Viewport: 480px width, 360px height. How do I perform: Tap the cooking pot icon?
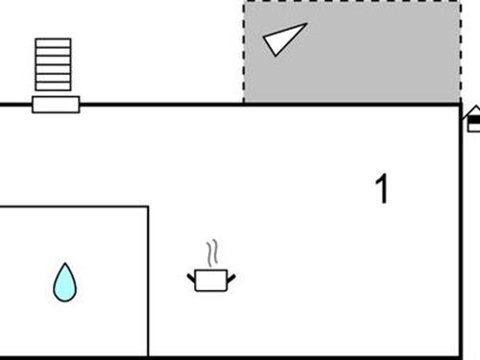click(210, 279)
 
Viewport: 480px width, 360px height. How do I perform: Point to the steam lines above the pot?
click(214, 252)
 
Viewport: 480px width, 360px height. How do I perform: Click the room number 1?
click(382, 189)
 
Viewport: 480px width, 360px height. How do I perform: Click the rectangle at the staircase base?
click(56, 105)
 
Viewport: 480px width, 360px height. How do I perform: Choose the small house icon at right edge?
click(473, 120)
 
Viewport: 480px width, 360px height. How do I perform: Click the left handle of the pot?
click(192, 277)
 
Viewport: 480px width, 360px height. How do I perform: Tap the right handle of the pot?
click(230, 277)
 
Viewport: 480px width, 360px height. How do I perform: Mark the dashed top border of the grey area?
click(350, 3)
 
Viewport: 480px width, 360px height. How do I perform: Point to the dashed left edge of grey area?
click(244, 53)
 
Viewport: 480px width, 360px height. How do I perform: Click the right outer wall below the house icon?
click(461, 240)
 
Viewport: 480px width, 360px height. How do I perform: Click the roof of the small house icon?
click(473, 112)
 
